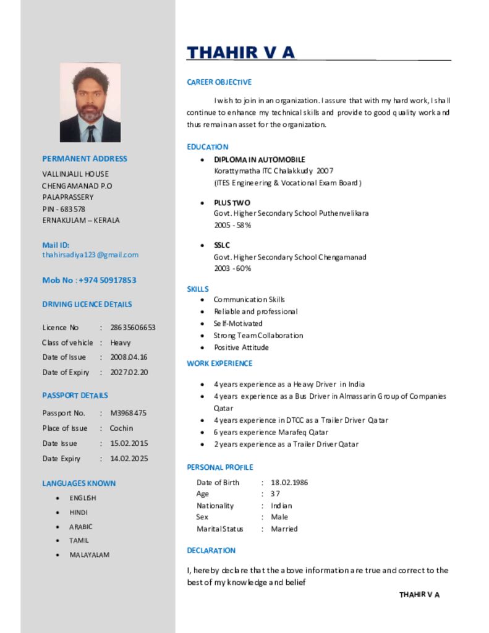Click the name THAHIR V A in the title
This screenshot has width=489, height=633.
pos(241,53)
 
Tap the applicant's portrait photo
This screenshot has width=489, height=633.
pos(90,103)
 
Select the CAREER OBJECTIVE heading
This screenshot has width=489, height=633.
pos(219,82)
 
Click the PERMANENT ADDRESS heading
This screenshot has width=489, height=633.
pos(85,159)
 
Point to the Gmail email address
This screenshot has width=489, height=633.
pos(90,255)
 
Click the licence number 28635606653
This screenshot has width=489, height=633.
pos(133,328)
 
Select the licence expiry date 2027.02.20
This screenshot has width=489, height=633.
pos(129,372)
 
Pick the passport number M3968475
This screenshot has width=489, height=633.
pos(129,413)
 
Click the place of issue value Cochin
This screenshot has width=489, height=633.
pos(121,428)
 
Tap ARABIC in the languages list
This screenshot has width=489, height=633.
pos(81,527)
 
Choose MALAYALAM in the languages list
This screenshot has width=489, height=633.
pos(89,554)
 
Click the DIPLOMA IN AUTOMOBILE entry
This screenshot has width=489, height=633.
pos(260,159)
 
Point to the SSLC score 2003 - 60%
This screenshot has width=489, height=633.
pos(232,268)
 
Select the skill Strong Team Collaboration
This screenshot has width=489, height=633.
pos(258,336)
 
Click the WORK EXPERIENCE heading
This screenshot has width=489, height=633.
pos(219,363)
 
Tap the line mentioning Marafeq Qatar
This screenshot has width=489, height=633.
pos(271,432)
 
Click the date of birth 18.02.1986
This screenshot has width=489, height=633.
pos(289,482)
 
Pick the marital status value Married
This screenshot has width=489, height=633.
pos(284,529)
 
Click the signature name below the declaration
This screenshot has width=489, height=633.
pos(419,595)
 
